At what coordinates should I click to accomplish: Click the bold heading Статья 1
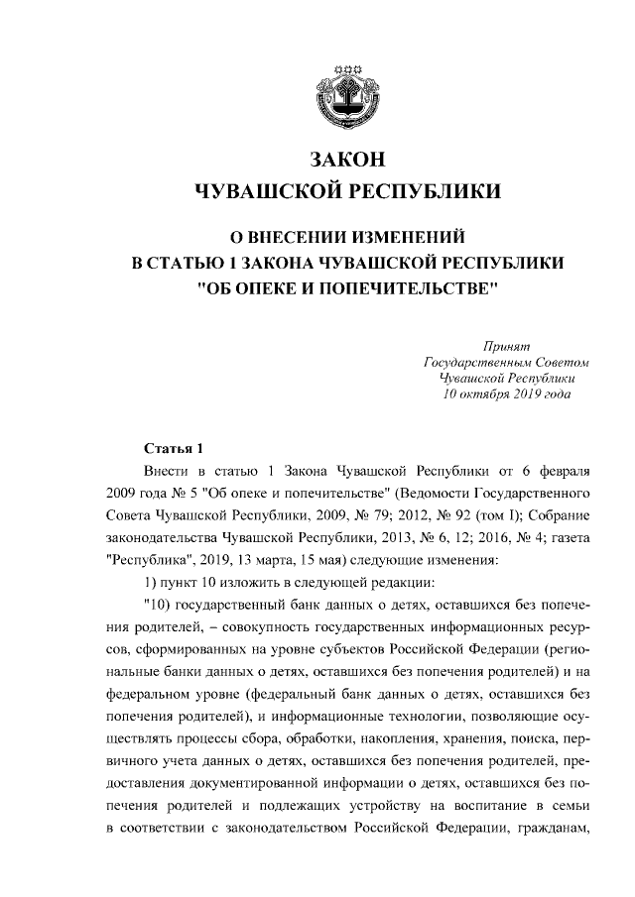tap(174, 448)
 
